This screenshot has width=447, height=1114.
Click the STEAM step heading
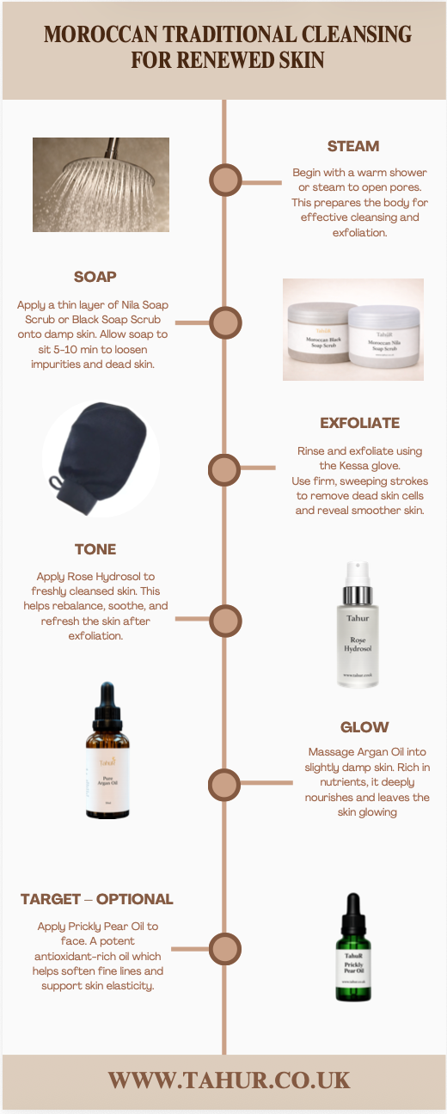pos(352,146)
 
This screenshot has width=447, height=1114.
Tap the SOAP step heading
pos(95,277)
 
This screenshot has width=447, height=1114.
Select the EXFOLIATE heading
pos(359,423)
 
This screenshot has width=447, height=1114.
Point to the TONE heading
pos(95,549)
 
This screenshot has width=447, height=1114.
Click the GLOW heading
pos(364,727)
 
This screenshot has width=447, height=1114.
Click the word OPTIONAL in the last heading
pos(134,899)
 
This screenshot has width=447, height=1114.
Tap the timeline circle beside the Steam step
pos(224,181)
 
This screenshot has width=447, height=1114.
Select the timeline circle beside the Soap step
pos(224,323)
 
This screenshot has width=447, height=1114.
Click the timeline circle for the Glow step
pos(224,784)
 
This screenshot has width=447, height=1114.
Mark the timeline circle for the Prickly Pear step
pos(224,950)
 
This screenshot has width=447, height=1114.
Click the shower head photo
pos(101,185)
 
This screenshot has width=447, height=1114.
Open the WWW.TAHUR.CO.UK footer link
pos(229,1080)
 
